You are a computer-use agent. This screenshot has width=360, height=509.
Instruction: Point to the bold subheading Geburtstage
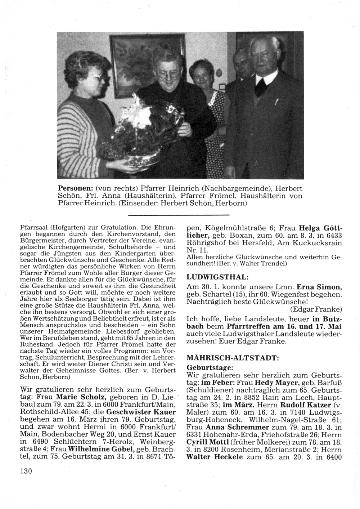tap(210, 367)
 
